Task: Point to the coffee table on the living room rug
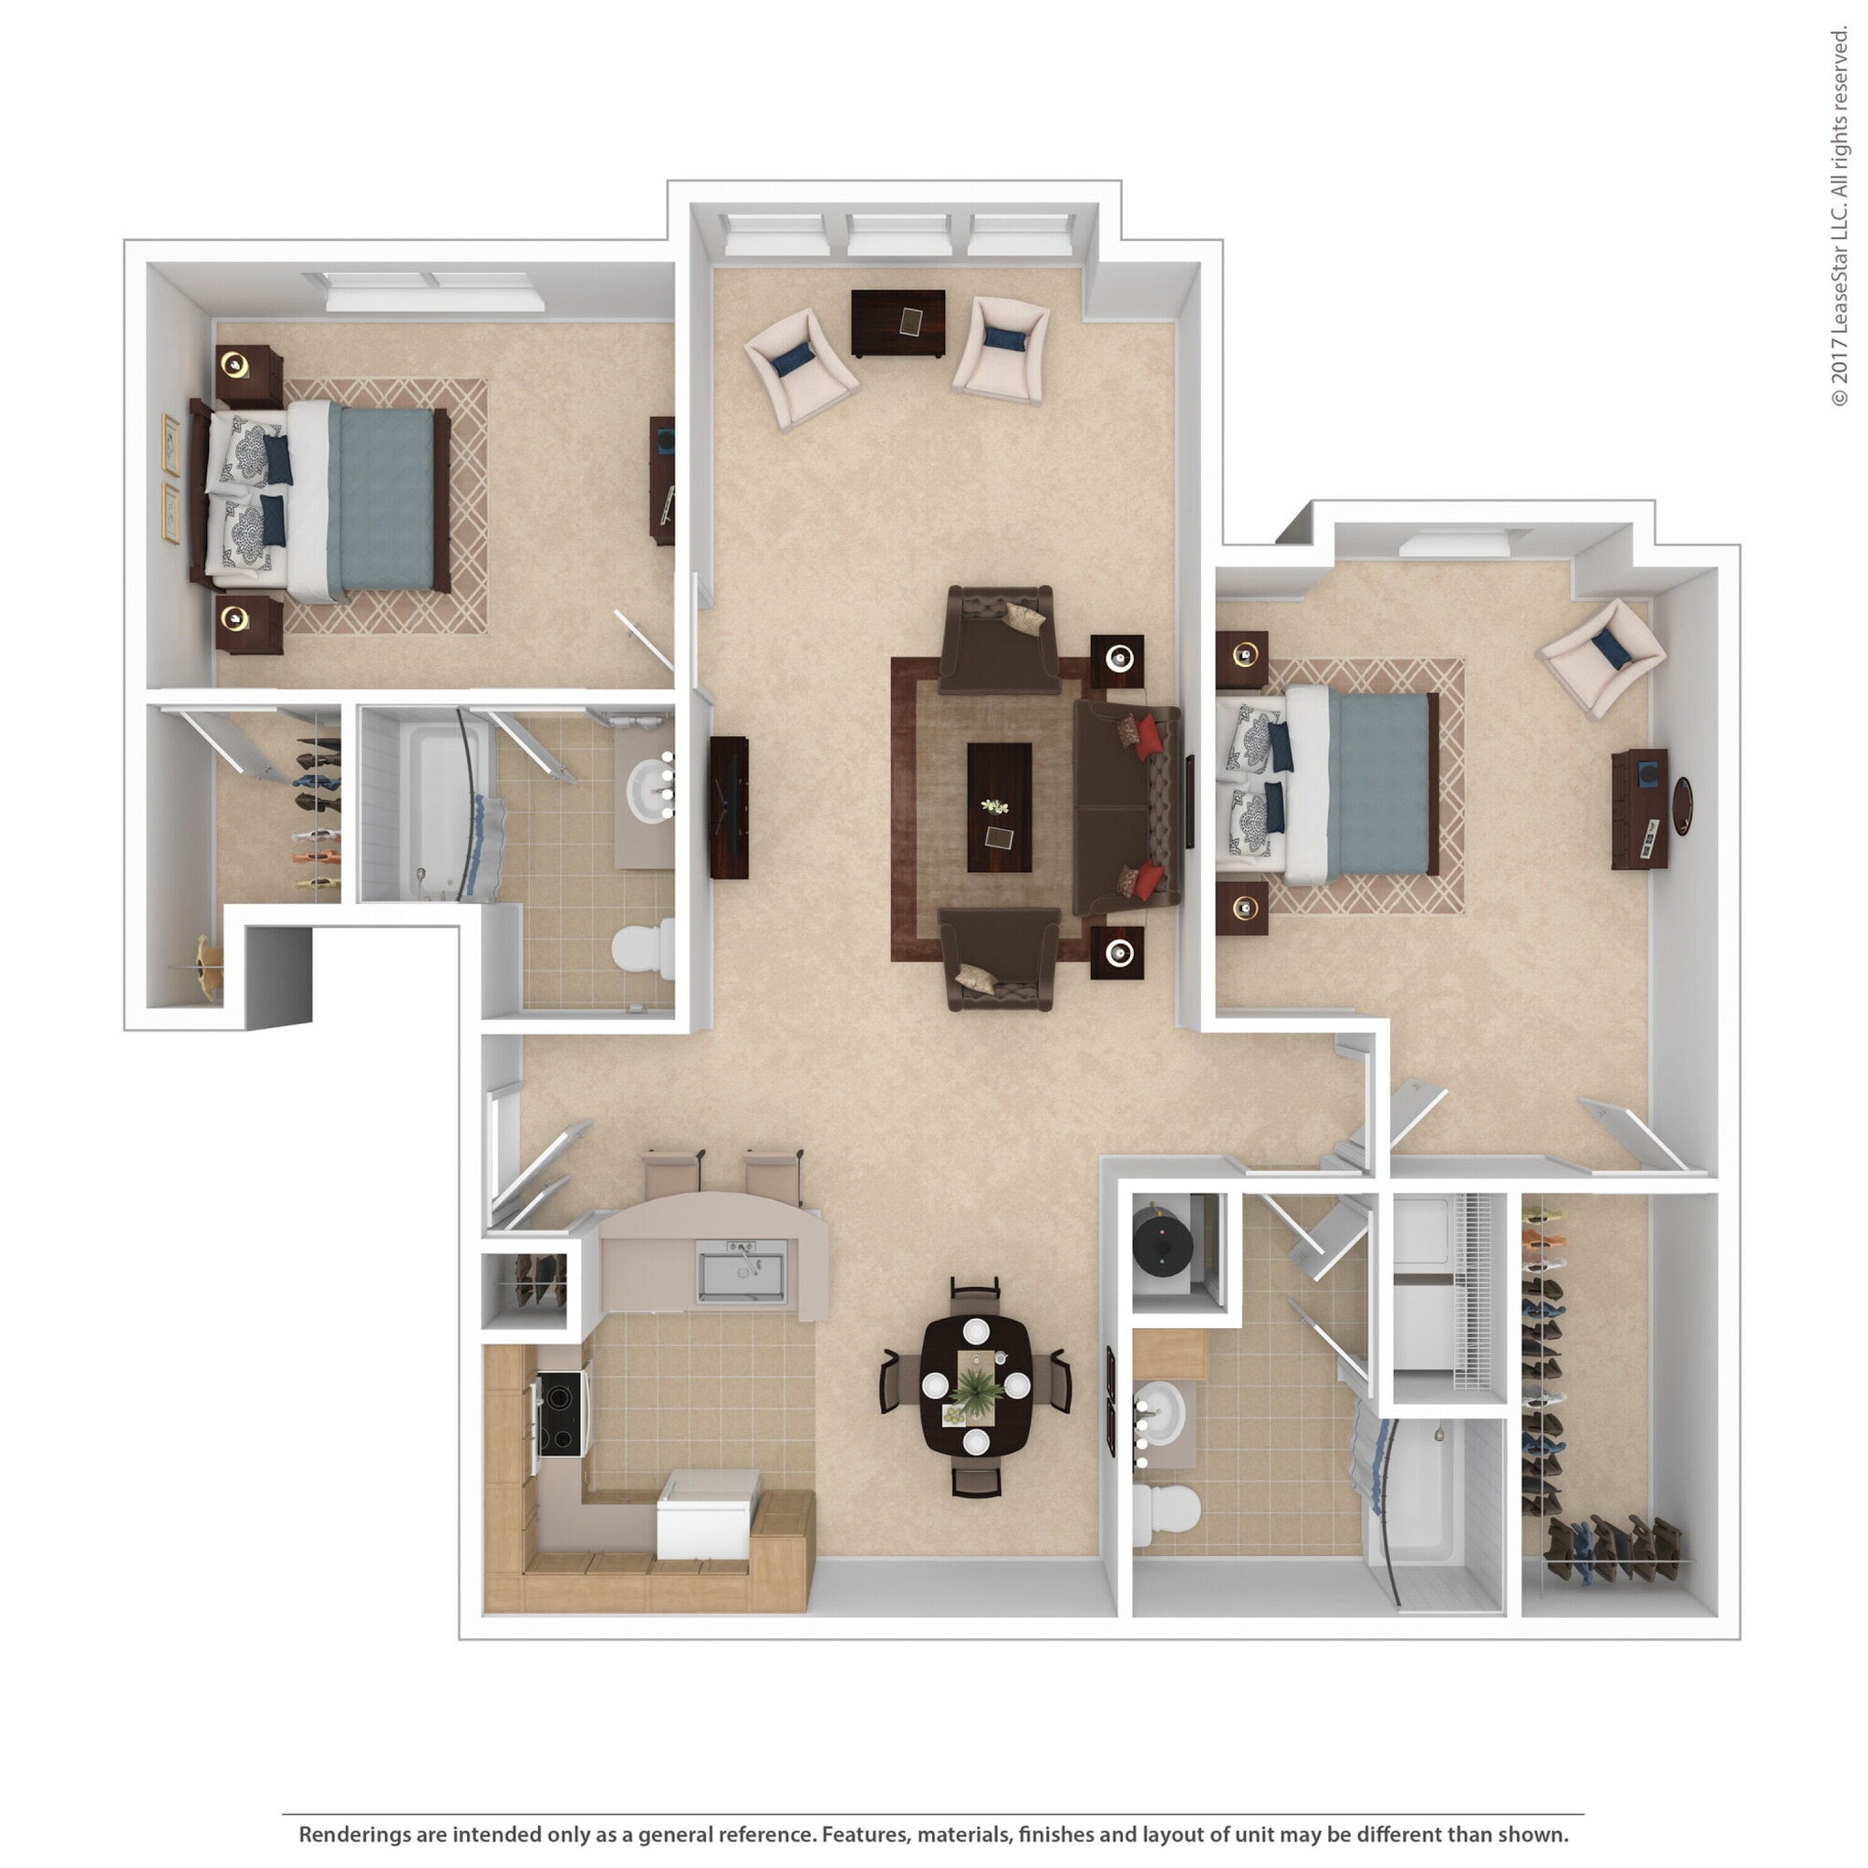[999, 807]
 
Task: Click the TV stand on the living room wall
[728, 807]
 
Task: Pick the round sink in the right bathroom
[1163, 1415]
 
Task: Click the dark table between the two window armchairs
[898, 323]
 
